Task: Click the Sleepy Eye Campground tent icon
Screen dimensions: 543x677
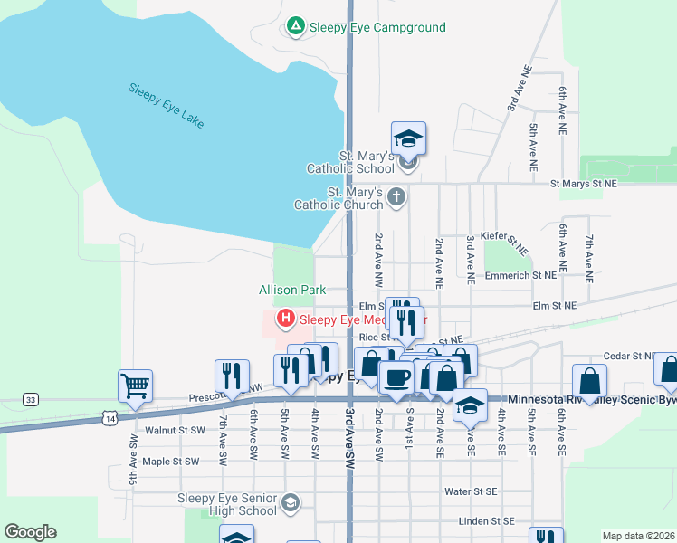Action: (x=295, y=27)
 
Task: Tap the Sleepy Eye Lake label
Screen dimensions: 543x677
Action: (x=167, y=105)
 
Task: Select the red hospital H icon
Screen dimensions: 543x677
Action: (x=286, y=319)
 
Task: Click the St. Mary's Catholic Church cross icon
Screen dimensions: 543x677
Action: (x=396, y=195)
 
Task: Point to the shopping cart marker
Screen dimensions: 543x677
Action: (x=135, y=386)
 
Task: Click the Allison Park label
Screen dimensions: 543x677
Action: (x=291, y=291)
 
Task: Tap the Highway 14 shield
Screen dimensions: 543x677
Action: (x=110, y=418)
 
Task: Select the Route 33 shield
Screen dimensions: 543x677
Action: (x=32, y=399)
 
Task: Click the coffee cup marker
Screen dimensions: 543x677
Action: (x=396, y=377)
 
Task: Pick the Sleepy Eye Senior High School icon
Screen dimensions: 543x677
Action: (x=291, y=503)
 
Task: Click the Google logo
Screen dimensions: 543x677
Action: (x=30, y=532)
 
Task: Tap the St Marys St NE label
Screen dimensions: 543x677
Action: (x=584, y=184)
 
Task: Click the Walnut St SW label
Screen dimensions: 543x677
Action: (x=163, y=431)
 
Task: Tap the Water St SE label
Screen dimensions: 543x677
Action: (x=471, y=491)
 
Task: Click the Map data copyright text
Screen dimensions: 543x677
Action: (x=637, y=536)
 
